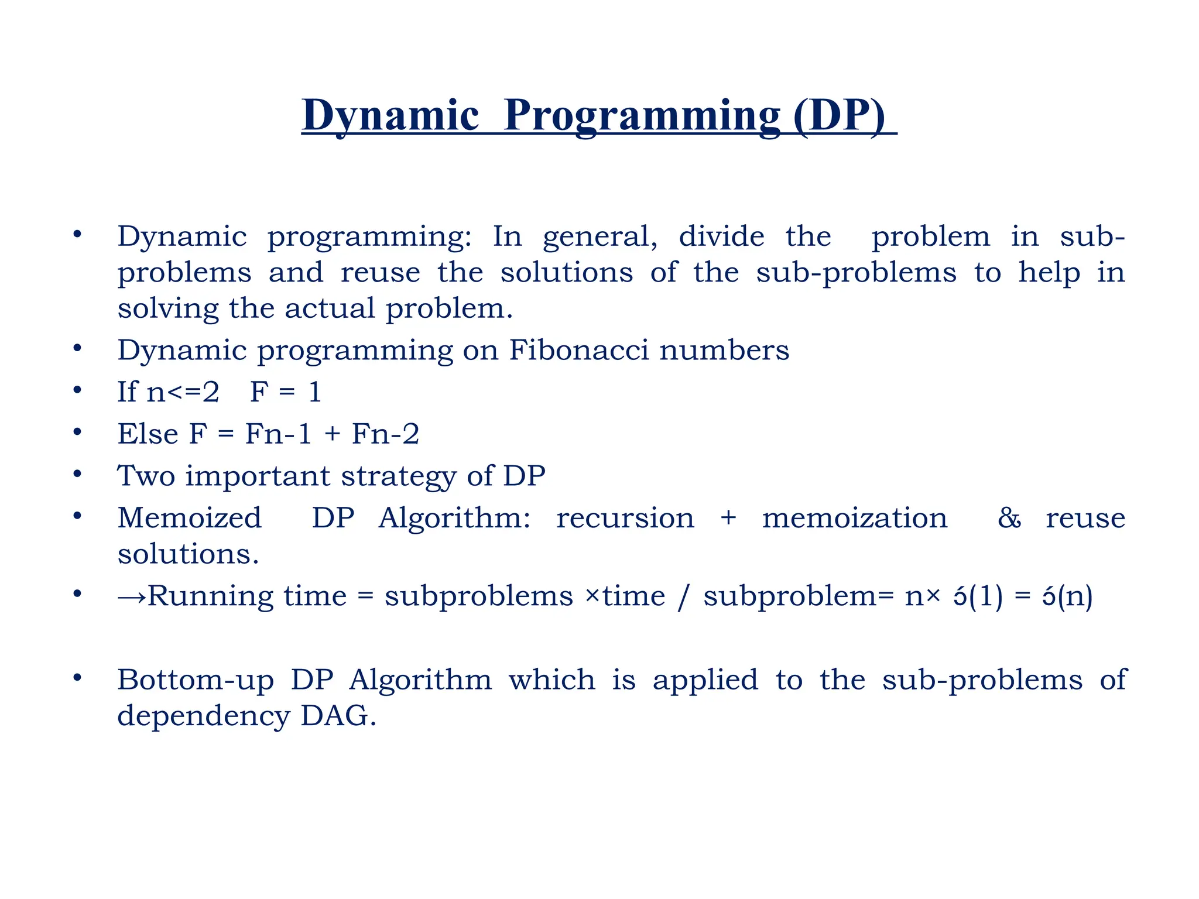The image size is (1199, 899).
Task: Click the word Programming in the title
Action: pos(642,116)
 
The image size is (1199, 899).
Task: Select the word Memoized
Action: pos(189,518)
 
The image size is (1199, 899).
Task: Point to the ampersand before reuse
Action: pos(1009,518)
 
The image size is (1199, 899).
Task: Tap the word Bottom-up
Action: pos(196,680)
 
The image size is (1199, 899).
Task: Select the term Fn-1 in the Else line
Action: pos(278,434)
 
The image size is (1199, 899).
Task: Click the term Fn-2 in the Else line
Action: pos(385,434)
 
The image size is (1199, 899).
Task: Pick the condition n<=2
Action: pos(183,392)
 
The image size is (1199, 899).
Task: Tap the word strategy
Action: pos(398,476)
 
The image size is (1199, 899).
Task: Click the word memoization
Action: pos(854,518)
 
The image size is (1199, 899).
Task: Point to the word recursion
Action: pos(625,518)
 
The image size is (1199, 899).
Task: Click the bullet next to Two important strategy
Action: pos(77,473)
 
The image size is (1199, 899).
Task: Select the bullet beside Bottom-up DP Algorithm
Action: pos(77,678)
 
